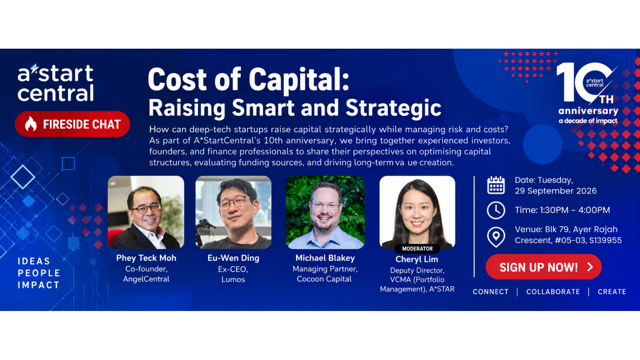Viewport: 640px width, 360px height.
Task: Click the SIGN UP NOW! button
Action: [543, 267]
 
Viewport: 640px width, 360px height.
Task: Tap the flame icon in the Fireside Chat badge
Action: [31, 124]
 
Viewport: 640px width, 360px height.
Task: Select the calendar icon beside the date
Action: [496, 185]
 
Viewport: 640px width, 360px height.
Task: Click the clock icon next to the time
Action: [496, 210]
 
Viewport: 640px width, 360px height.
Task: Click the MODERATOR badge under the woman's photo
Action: [417, 249]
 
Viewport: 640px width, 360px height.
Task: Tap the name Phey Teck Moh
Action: [146, 258]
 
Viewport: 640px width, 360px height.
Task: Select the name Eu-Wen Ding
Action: [233, 258]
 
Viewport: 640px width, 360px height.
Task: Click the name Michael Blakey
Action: [325, 258]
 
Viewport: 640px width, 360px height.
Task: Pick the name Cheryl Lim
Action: [417, 259]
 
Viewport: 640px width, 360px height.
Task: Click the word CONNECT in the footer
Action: [491, 292]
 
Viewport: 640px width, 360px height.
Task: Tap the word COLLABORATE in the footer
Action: [553, 292]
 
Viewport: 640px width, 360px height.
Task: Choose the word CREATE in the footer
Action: [612, 292]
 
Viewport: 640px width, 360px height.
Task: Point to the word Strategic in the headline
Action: [393, 108]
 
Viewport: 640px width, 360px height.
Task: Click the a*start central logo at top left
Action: [56, 83]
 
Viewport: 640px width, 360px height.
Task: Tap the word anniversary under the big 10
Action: [588, 111]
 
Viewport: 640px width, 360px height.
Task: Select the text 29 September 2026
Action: [556, 191]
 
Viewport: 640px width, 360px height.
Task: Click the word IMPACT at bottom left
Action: [39, 285]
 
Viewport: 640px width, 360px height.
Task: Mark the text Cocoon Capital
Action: [324, 279]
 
